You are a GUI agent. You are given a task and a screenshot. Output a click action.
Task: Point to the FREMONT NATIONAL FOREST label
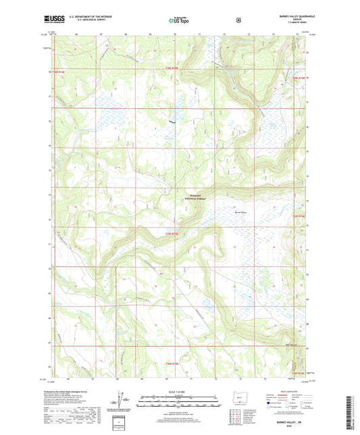click(196, 197)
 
